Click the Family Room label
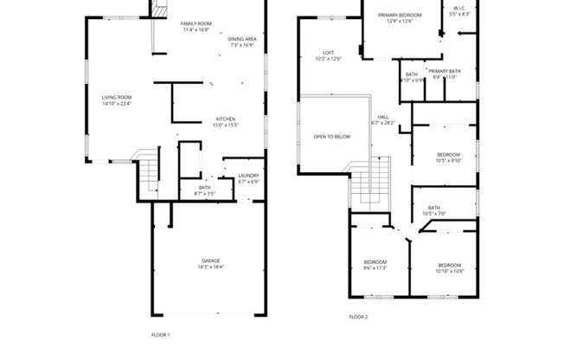pyautogui.click(x=195, y=23)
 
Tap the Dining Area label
pyautogui.click(x=241, y=39)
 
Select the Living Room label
pyautogui.click(x=116, y=98)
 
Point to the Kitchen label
pyautogui.click(x=225, y=119)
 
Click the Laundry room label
pyautogui.click(x=248, y=176)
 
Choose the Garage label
pyautogui.click(x=210, y=260)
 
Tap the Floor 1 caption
pyautogui.click(x=161, y=333)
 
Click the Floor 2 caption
pyautogui.click(x=358, y=317)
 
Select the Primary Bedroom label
pyautogui.click(x=401, y=15)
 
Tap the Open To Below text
pyautogui.click(x=332, y=137)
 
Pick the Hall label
pyautogui.click(x=382, y=117)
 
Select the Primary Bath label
pyautogui.click(x=444, y=71)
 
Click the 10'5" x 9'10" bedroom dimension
pyautogui.click(x=450, y=160)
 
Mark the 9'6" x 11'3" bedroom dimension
pyautogui.click(x=375, y=268)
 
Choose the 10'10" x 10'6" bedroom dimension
pyautogui.click(x=449, y=271)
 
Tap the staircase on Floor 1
pyautogui.click(x=150, y=173)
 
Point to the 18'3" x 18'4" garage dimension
pyautogui.click(x=210, y=267)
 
